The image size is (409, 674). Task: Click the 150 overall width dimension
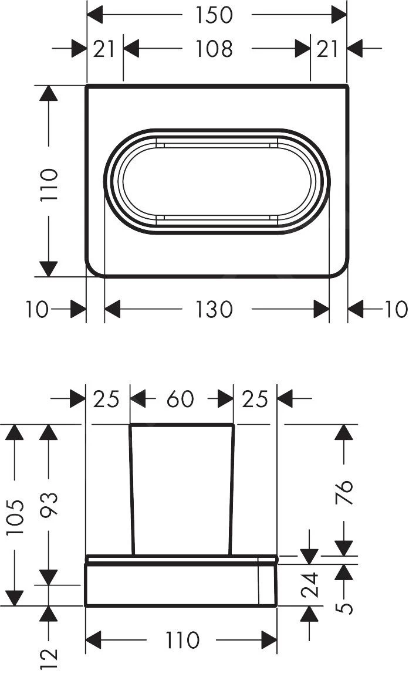214,15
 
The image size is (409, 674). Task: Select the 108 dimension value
214,49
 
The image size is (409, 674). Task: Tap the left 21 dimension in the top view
104,49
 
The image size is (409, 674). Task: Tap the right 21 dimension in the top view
328,49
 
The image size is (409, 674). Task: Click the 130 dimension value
214,309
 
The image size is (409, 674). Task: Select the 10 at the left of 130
37,309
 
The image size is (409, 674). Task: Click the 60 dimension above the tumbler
180,399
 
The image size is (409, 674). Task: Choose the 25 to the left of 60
107,399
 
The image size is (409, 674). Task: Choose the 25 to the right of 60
255,399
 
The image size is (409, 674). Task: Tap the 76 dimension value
346,486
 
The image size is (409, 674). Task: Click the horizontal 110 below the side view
181,640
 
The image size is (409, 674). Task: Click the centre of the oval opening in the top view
217,181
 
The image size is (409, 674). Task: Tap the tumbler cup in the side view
181,487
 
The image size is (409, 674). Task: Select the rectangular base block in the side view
176,585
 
